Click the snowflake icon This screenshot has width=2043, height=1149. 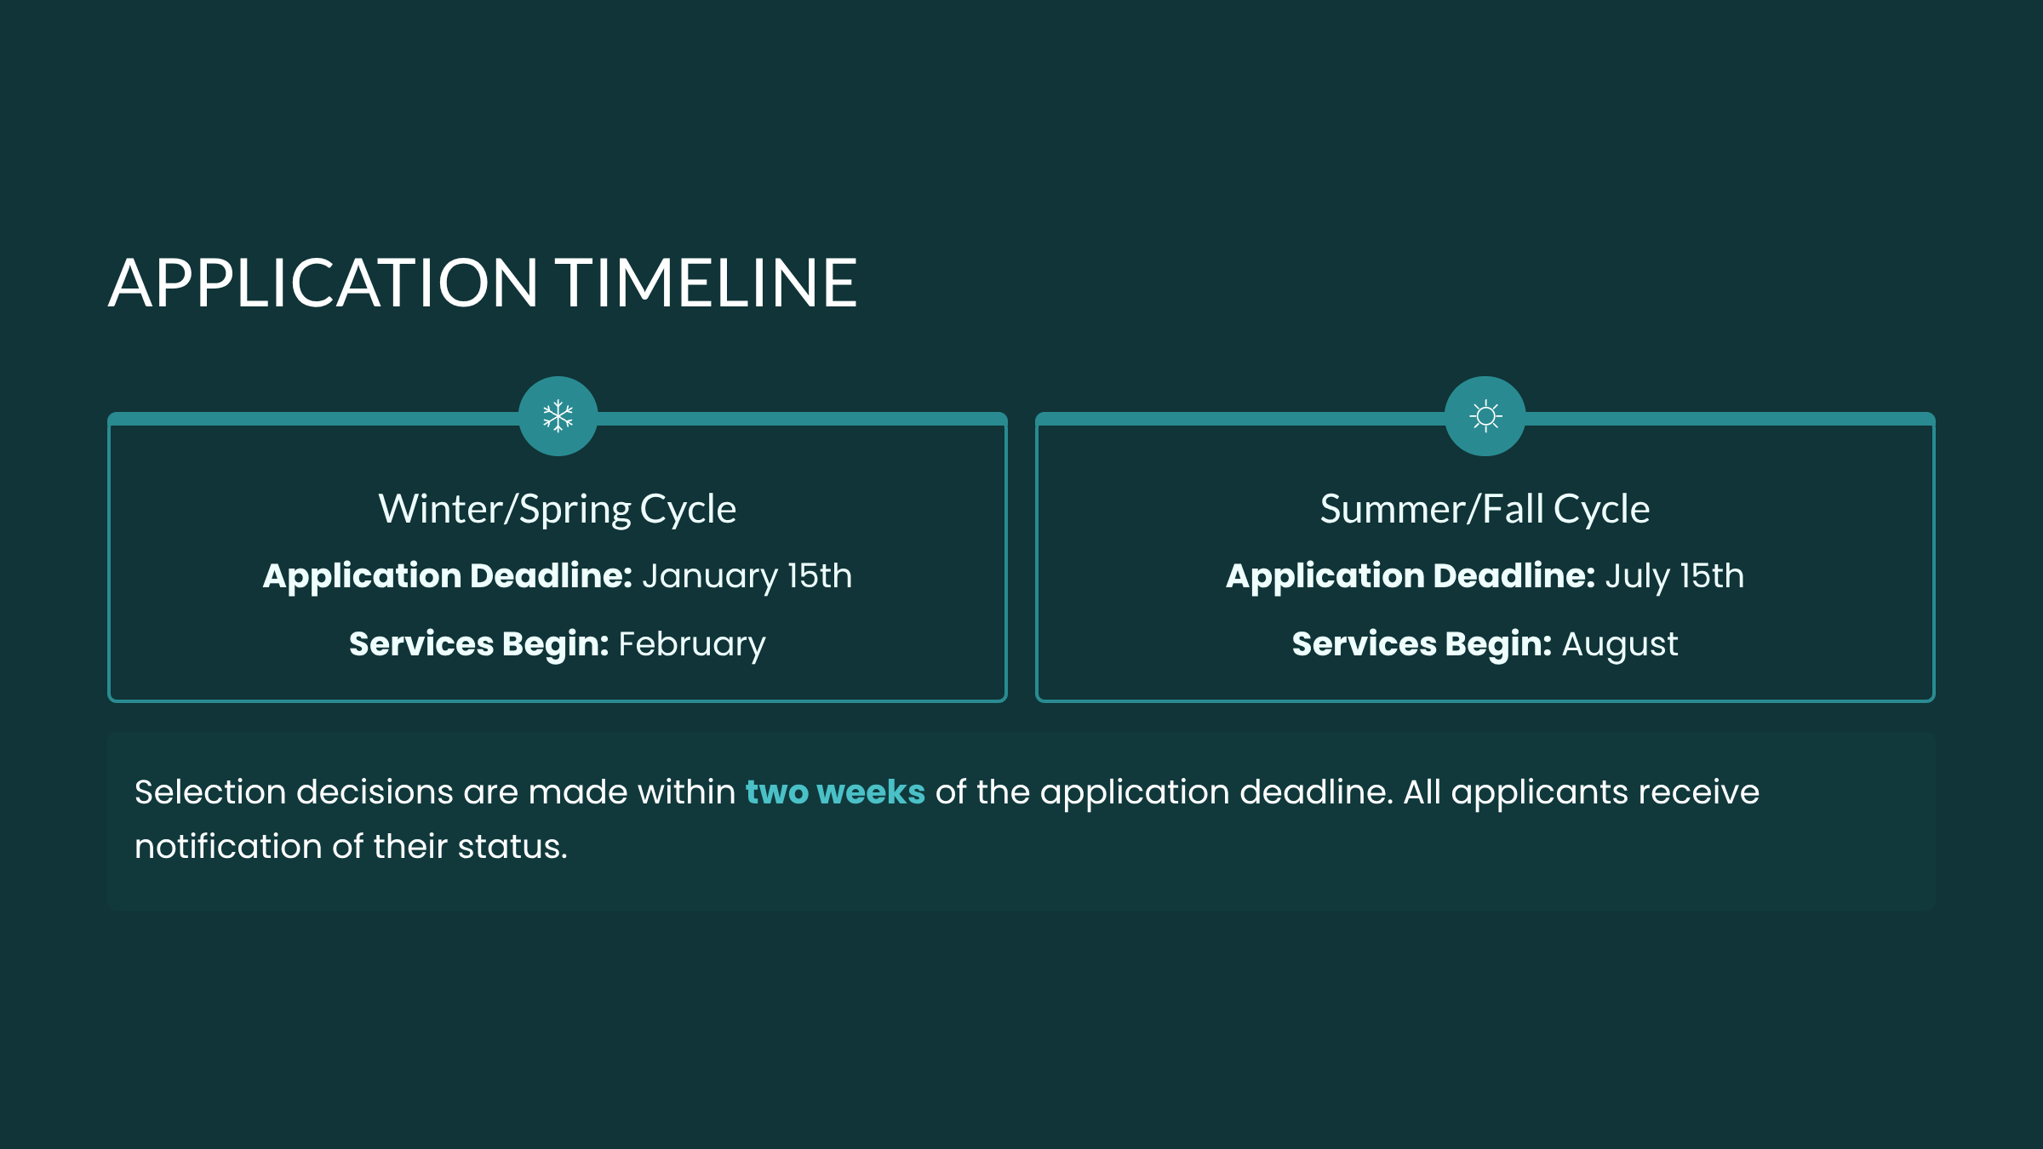click(x=558, y=416)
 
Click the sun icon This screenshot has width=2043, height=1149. click(x=1485, y=416)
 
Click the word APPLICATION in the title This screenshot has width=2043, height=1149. click(x=323, y=283)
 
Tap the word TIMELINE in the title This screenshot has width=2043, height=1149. click(x=707, y=283)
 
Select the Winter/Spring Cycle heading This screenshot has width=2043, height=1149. click(x=558, y=510)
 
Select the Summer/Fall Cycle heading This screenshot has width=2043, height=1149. click(x=1485, y=509)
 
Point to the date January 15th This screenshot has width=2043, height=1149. click(x=747, y=577)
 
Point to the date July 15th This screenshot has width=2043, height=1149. click(x=1674, y=577)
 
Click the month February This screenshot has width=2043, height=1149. click(x=692, y=645)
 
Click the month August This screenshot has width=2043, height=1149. click(x=1620, y=645)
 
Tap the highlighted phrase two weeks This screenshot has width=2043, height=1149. click(x=835, y=792)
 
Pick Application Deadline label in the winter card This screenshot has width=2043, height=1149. click(x=448, y=577)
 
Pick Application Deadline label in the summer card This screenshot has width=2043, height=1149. click(x=1411, y=577)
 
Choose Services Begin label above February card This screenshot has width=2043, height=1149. click(x=479, y=645)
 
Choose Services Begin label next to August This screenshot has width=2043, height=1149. click(x=1422, y=645)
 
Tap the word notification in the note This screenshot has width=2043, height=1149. click(x=228, y=847)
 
